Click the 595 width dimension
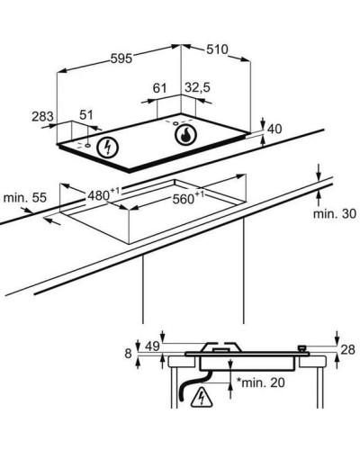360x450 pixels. coord(121,58)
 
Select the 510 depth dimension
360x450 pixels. coord(217,49)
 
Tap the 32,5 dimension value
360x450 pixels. coord(197,87)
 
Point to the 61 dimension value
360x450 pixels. coord(159,88)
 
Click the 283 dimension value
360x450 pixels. coord(42,116)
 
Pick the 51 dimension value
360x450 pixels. coord(86,115)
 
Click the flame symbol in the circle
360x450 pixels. coord(185,134)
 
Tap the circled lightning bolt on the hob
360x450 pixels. coord(107,148)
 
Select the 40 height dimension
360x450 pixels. coord(274,129)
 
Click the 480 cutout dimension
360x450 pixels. coord(103,194)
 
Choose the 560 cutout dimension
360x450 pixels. coord(188,198)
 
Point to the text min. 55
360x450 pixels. coord(25,198)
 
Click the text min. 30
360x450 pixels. coord(335,213)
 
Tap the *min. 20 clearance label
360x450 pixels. coord(261,382)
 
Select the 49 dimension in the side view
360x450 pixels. coord(152,346)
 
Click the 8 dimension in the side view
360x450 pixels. coord(128,354)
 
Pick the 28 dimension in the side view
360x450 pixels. coord(348,349)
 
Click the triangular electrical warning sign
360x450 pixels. coord(202,399)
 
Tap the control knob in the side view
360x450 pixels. coord(301,349)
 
